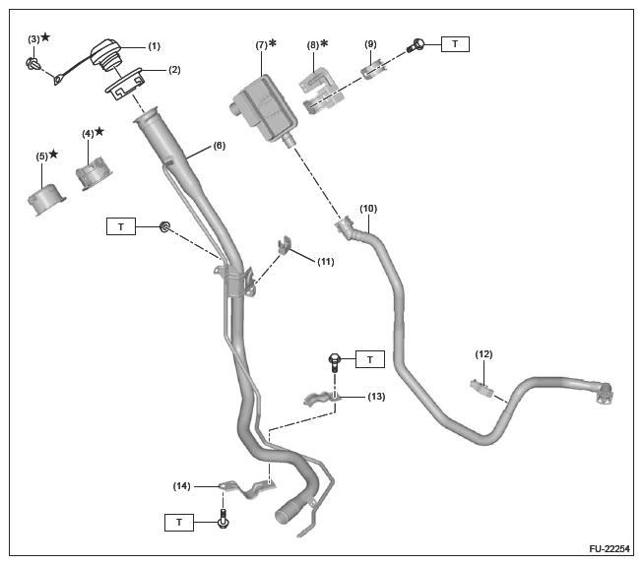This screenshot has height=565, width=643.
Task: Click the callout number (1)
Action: [155, 46]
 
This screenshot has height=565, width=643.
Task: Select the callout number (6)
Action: [218, 146]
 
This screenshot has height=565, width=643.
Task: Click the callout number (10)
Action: [368, 209]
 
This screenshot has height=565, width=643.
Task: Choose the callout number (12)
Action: [483, 353]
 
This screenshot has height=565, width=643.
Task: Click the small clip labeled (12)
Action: [482, 387]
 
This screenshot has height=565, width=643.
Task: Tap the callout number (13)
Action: [375, 397]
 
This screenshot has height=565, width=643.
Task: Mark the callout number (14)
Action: [182, 485]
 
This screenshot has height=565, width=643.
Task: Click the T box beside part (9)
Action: [455, 44]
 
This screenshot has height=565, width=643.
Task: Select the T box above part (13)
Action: [369, 360]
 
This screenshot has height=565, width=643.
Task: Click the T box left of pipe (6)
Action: [120, 227]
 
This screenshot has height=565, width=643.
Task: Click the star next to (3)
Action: [45, 37]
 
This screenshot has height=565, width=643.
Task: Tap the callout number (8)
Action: [314, 44]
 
